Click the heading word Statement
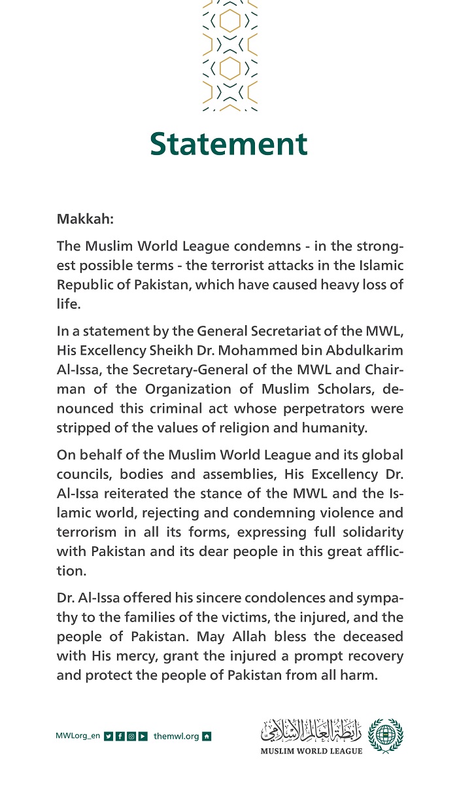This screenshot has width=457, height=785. pyautogui.click(x=228, y=144)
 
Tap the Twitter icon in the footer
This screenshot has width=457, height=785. pyautogui.click(x=109, y=737)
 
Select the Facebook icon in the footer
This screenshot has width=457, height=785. pyautogui.click(x=120, y=737)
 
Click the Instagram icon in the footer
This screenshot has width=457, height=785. pyautogui.click(x=131, y=737)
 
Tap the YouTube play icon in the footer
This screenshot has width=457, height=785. pyautogui.click(x=143, y=737)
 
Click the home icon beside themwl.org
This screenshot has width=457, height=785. pyautogui.click(x=207, y=737)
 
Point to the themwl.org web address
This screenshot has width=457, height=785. pyautogui.click(x=177, y=737)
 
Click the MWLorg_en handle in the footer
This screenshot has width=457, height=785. pyautogui.click(x=78, y=737)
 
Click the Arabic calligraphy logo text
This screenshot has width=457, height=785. pyautogui.click(x=311, y=729)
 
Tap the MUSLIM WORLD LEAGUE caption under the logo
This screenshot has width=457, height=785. pyautogui.click(x=311, y=751)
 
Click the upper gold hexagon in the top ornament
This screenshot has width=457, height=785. pyautogui.click(x=229, y=22)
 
